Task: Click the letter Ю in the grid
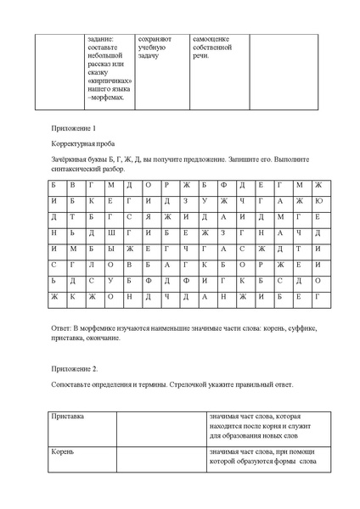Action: (x=318, y=201)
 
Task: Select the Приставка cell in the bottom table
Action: (x=68, y=417)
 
